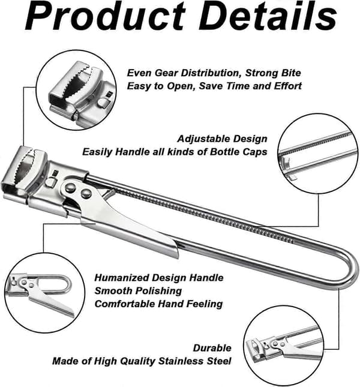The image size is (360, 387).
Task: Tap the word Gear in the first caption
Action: (x=166, y=73)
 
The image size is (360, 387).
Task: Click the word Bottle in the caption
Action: (x=224, y=152)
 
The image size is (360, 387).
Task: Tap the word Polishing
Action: (x=157, y=291)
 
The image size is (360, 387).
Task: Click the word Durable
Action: (x=212, y=348)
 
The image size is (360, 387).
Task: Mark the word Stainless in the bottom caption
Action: (x=181, y=361)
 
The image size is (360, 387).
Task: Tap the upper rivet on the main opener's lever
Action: (x=70, y=187)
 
